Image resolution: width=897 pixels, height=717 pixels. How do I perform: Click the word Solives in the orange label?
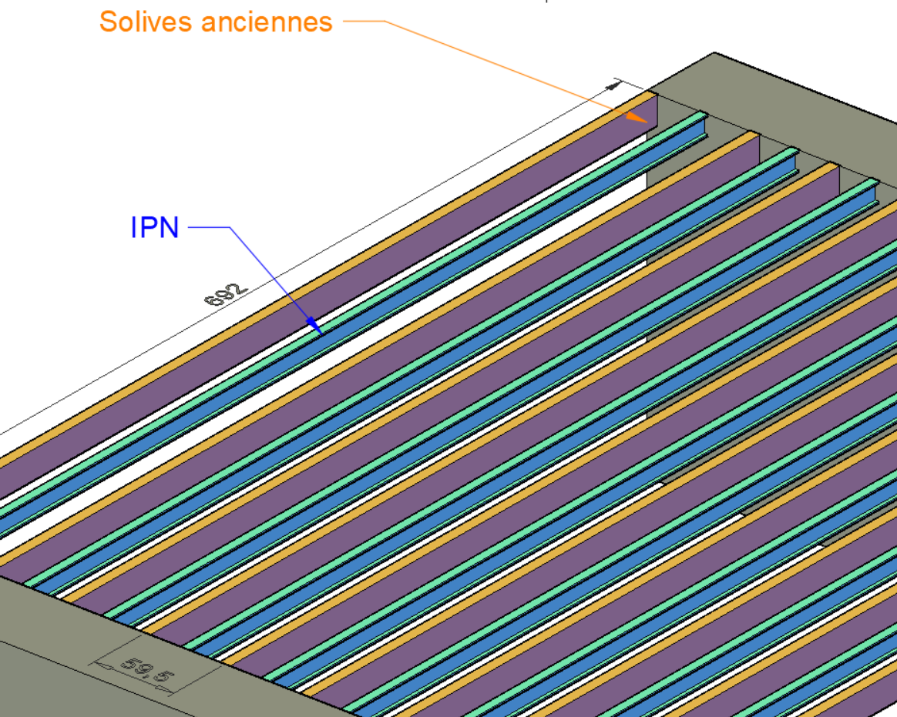point(146,22)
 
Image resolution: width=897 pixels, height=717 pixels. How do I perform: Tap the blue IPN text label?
point(155,228)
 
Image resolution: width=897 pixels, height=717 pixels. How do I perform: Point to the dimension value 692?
point(227,294)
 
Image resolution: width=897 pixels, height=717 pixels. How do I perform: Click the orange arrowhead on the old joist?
point(637,117)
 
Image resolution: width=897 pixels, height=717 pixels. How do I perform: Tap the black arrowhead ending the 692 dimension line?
point(614,84)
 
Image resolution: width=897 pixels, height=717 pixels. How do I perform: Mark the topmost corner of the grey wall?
point(714,53)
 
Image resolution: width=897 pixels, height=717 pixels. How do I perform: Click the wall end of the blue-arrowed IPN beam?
point(703,122)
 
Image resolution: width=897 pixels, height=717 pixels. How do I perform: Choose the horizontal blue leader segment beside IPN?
point(209,227)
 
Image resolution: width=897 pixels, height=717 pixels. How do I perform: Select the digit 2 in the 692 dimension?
point(239,288)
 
